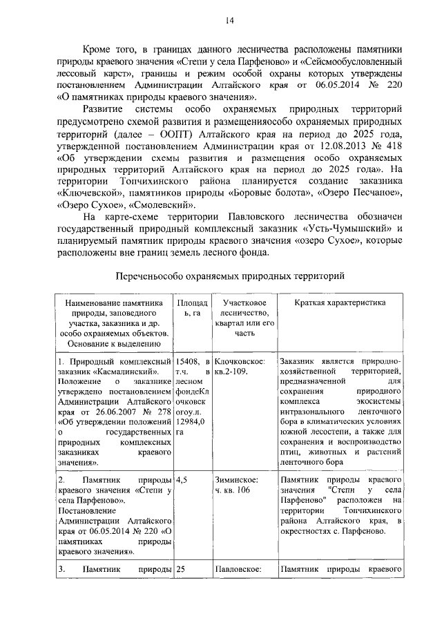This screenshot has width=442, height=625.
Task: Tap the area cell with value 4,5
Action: pyautogui.click(x=182, y=479)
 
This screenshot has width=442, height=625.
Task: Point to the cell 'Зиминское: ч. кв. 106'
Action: pyautogui.click(x=236, y=484)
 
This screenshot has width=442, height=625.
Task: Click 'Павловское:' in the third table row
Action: pyautogui.click(x=238, y=570)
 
